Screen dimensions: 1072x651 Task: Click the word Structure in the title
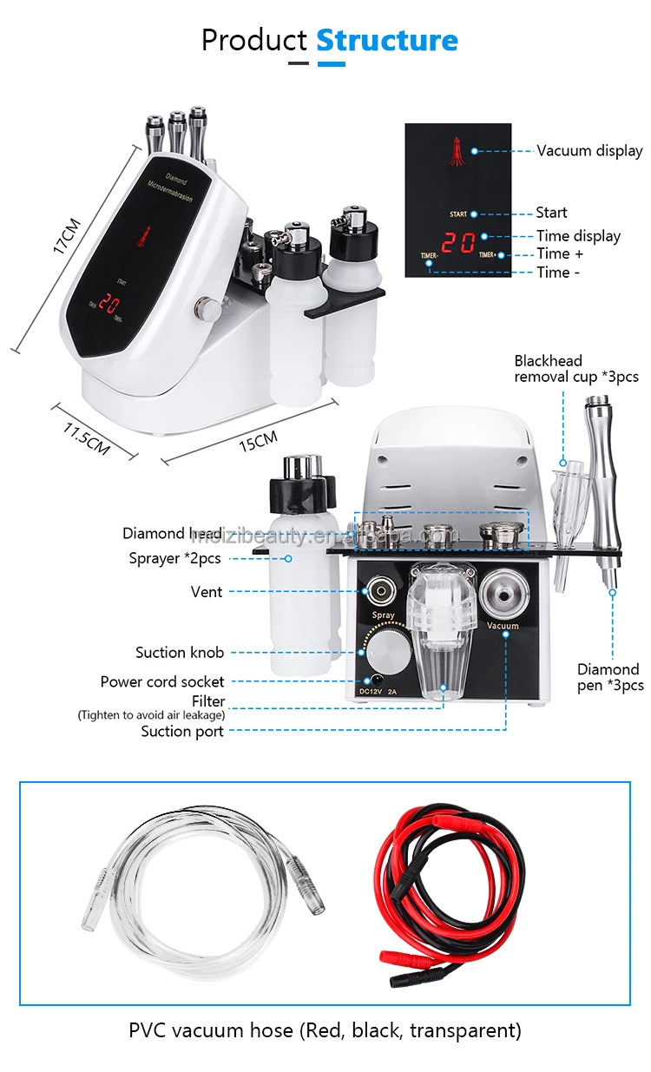tap(386, 40)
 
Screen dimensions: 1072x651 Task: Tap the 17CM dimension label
tap(66, 235)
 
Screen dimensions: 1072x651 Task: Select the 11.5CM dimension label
tap(86, 439)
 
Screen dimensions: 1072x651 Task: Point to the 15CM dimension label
tap(260, 444)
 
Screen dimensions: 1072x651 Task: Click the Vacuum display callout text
tap(589, 150)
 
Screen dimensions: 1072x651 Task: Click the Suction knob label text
tap(179, 652)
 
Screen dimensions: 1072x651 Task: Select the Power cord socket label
tap(161, 681)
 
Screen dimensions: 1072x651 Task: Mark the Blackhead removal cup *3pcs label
tap(575, 368)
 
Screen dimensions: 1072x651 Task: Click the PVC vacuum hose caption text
tap(325, 1030)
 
